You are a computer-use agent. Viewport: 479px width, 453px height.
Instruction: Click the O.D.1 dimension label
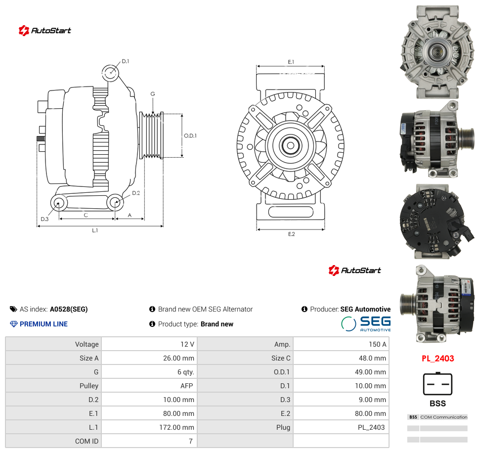(190, 136)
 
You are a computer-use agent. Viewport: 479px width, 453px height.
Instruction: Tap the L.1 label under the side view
(95, 230)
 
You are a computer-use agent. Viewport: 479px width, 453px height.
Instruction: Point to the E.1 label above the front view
(291, 62)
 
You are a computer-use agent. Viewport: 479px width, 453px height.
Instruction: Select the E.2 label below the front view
(292, 234)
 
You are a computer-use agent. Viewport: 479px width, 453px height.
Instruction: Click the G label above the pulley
(153, 94)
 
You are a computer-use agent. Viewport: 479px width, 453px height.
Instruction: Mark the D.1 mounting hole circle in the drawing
(110, 73)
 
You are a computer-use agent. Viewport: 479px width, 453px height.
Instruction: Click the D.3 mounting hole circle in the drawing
(59, 203)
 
